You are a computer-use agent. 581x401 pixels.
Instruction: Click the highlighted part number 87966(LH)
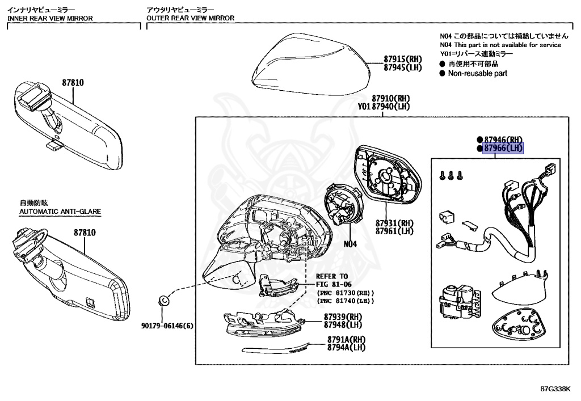pyautogui.click(x=503, y=149)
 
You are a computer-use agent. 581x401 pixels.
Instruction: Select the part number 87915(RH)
pyautogui.click(x=403, y=59)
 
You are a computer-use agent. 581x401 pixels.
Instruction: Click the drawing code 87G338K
pyautogui.click(x=554, y=389)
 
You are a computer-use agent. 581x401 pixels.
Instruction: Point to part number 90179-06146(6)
pyautogui.click(x=167, y=326)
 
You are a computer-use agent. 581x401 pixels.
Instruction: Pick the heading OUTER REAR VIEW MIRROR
pyautogui.click(x=190, y=18)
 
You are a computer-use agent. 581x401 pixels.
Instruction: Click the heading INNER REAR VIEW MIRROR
pyautogui.click(x=50, y=18)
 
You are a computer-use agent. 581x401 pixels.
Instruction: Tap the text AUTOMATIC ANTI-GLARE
pyautogui.click(x=60, y=211)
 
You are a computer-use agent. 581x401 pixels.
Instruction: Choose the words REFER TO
pyautogui.click(x=333, y=276)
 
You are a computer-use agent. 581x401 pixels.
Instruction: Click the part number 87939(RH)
pyautogui.click(x=343, y=317)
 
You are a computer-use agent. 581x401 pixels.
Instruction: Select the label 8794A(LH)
pyautogui.click(x=346, y=347)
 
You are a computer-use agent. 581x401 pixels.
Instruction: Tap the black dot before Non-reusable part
pyautogui.click(x=443, y=73)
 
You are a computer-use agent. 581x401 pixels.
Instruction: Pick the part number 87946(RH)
pyautogui.click(x=503, y=140)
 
